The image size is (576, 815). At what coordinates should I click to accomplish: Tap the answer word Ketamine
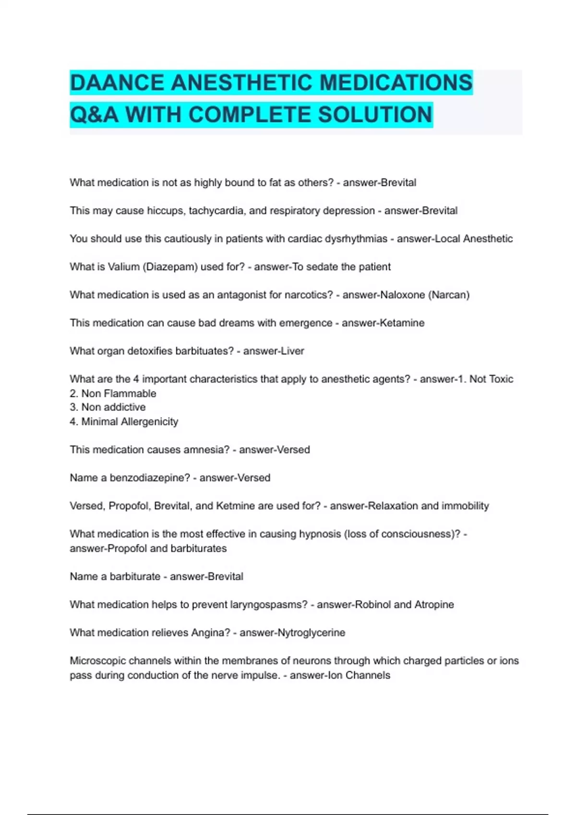pyautogui.click(x=402, y=323)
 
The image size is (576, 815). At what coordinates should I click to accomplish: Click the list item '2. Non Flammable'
pyautogui.click(x=113, y=394)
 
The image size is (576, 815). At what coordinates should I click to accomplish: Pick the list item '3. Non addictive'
pyautogui.click(x=108, y=407)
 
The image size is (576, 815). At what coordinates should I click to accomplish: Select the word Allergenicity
pyautogui.click(x=146, y=422)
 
